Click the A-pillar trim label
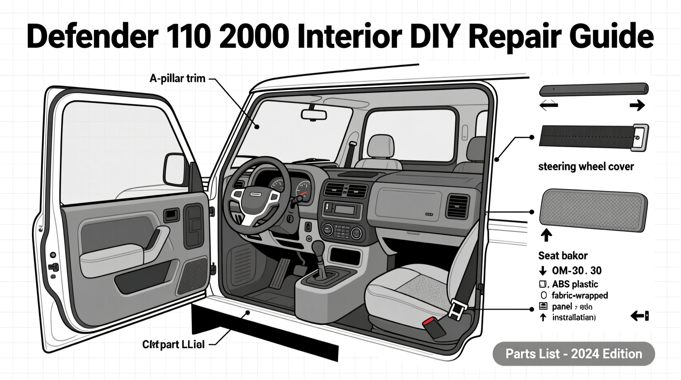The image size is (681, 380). click(177, 78)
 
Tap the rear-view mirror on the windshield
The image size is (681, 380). click(314, 115)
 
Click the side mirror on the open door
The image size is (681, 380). click(175, 169)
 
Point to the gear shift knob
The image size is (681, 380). click(318, 248)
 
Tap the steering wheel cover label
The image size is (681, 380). click(586, 167)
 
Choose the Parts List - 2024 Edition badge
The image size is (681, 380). click(573, 354)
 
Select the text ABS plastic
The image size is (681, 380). click(575, 284)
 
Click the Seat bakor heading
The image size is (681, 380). click(563, 256)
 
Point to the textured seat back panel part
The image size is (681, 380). click(593, 210)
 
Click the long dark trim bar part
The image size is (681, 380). click(593, 90)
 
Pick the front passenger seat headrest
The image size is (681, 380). click(381, 146)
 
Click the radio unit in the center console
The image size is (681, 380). click(342, 210)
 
